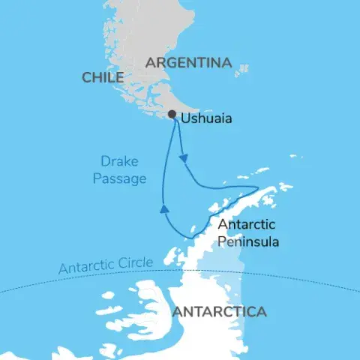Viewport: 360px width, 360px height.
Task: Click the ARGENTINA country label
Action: pyautogui.click(x=188, y=63)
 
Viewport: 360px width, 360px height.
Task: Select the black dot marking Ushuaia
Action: pyautogui.click(x=172, y=115)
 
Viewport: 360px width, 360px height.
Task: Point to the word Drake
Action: pyautogui.click(x=121, y=160)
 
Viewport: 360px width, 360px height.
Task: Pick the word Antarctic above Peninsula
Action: pyautogui.click(x=247, y=225)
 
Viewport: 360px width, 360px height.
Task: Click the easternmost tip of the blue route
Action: pyautogui.click(x=258, y=188)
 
